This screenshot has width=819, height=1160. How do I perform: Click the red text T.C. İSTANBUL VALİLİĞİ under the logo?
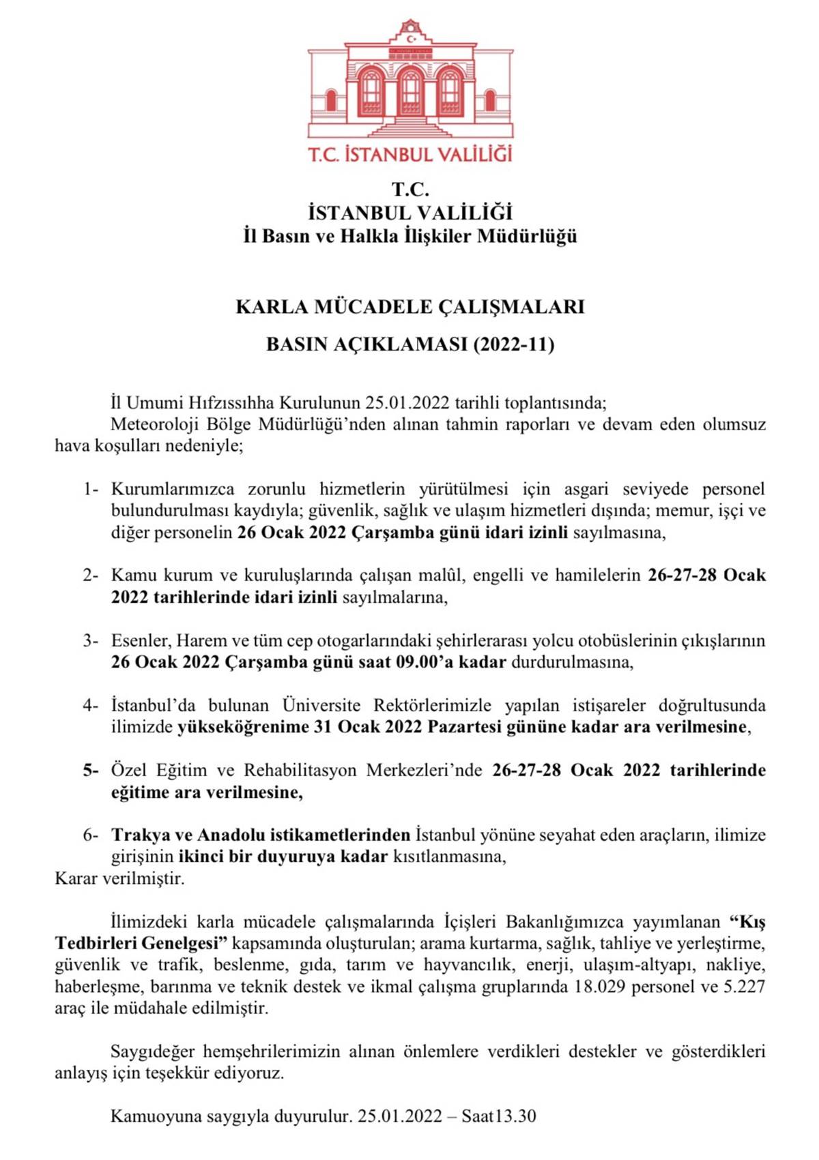[410, 154]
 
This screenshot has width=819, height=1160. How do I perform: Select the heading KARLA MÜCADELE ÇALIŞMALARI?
[410, 307]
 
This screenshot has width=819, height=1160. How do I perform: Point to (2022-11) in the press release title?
[513, 344]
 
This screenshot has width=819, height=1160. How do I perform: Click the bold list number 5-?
[91, 771]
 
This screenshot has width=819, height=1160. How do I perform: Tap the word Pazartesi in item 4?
[467, 727]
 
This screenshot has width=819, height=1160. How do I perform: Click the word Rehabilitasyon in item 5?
[300, 771]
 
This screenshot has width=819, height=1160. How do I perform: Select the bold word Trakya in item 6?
[141, 835]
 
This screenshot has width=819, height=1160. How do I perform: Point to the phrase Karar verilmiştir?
[119, 878]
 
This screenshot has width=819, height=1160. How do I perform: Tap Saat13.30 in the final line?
[499, 1116]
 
